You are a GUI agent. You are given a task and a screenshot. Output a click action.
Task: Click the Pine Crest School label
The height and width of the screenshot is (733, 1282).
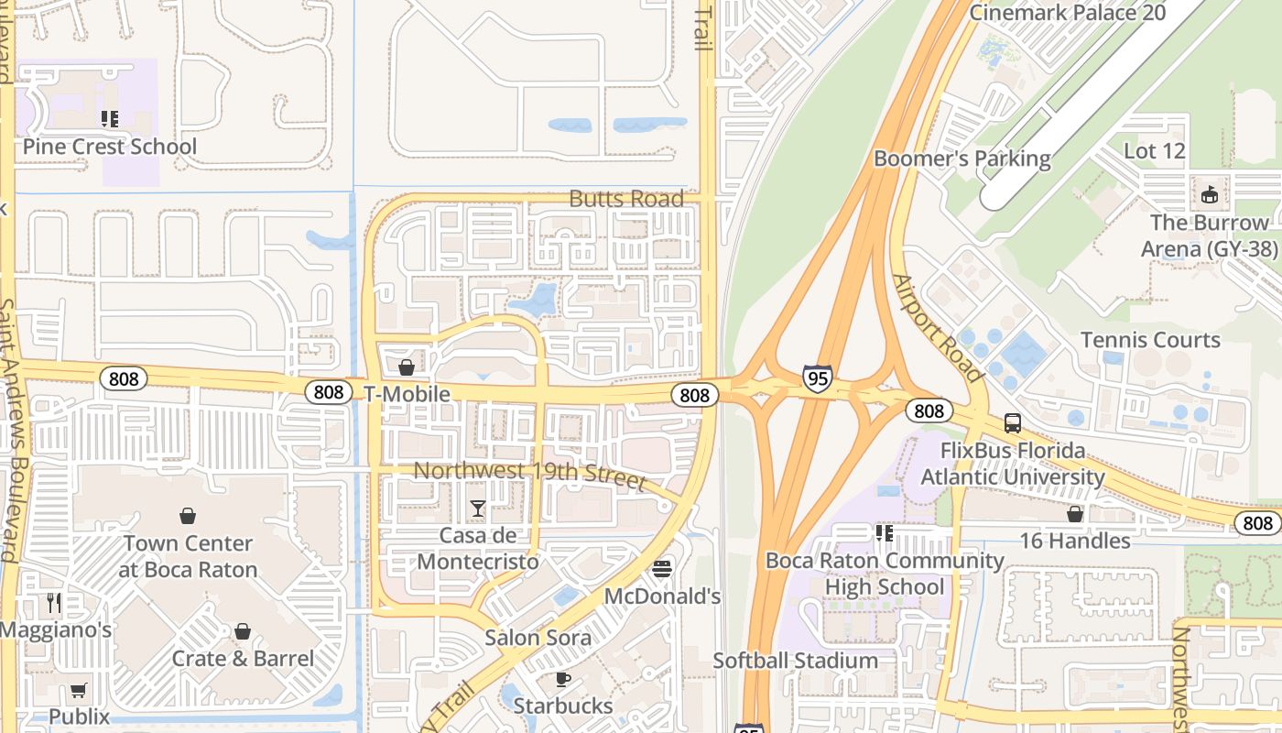click(x=109, y=147)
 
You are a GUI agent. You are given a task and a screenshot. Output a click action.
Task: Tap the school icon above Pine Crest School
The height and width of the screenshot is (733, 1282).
click(x=110, y=118)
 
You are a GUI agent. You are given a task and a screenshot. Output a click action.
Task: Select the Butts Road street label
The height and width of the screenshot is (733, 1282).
click(x=626, y=199)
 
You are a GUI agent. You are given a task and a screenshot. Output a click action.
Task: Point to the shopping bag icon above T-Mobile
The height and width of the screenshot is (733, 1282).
click(x=407, y=367)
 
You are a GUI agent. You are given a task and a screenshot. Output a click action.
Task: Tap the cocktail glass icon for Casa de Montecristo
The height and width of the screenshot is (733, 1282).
click(x=478, y=508)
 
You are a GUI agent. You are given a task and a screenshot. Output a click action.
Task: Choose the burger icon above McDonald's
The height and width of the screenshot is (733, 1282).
click(x=662, y=569)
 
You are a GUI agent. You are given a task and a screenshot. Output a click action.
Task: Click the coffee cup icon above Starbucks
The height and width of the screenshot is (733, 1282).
click(x=563, y=679)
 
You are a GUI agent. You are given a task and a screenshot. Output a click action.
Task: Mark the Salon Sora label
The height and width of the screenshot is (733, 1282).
click(x=538, y=637)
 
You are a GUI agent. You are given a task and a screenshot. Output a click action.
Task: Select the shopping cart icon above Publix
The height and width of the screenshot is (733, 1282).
click(x=79, y=690)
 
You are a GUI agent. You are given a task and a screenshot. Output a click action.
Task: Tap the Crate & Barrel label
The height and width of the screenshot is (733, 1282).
click(x=243, y=658)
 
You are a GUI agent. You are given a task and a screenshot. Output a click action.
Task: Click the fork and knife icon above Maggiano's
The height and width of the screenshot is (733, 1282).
click(x=54, y=602)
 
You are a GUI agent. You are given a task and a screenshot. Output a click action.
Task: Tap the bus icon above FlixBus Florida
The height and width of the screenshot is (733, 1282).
click(x=1013, y=423)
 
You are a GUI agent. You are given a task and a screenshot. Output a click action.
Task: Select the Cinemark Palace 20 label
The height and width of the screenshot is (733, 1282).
click(x=1067, y=13)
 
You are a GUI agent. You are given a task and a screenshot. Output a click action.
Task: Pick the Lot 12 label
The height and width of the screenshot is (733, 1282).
click(x=1154, y=151)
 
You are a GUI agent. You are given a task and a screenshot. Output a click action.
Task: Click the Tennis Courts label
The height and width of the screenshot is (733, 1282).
click(x=1163, y=340)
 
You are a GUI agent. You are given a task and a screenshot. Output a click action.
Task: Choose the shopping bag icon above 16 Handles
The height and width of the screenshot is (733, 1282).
click(x=1075, y=514)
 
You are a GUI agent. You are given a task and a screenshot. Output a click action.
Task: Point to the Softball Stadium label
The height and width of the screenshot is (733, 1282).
click(x=795, y=660)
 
